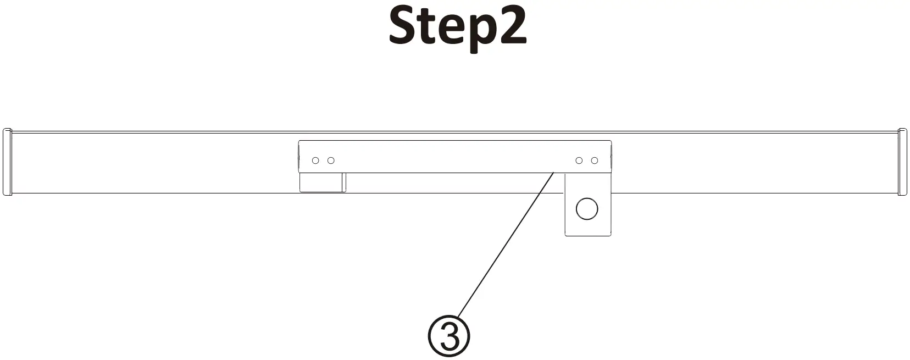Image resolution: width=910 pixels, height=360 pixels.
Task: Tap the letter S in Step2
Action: point(404,26)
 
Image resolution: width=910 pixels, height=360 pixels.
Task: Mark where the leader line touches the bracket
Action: point(553,173)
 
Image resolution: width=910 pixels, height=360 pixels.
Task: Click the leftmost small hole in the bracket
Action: point(315,160)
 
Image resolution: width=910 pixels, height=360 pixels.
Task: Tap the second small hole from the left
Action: point(331,160)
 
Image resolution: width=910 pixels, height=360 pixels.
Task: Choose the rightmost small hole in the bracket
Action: point(594,160)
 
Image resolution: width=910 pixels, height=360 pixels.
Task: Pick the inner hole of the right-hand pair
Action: point(579,160)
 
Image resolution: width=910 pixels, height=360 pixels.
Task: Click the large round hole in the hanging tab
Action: point(586,209)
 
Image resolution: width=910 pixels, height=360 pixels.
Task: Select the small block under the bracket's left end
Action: point(322,182)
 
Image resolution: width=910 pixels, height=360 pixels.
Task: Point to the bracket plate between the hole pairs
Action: point(455,157)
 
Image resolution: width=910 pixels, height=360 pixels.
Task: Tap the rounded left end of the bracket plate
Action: point(300,157)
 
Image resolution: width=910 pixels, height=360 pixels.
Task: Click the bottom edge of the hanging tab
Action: point(587,235)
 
